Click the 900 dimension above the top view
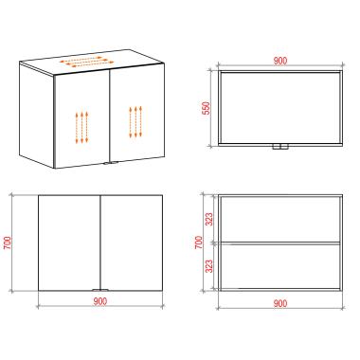coord(280,61)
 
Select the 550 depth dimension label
coord(206,108)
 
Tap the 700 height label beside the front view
coord(7,243)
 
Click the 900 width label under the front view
coord(100,301)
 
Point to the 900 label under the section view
coord(280,303)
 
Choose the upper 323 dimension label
coord(209,220)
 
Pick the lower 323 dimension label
coord(209,266)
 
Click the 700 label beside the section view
coord(199,243)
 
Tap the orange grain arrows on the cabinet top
coord(86,62)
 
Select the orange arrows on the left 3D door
coord(81,127)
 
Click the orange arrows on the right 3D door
coord(135,121)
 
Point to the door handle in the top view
coord(280,147)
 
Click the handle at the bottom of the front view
coord(100,290)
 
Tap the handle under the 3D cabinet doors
coord(110,163)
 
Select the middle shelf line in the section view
coord(280,243)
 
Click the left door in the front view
coord(69,243)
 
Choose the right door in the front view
coord(132,243)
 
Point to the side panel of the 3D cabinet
coord(36,116)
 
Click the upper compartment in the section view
coord(280,220)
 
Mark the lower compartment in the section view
coord(280,266)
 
